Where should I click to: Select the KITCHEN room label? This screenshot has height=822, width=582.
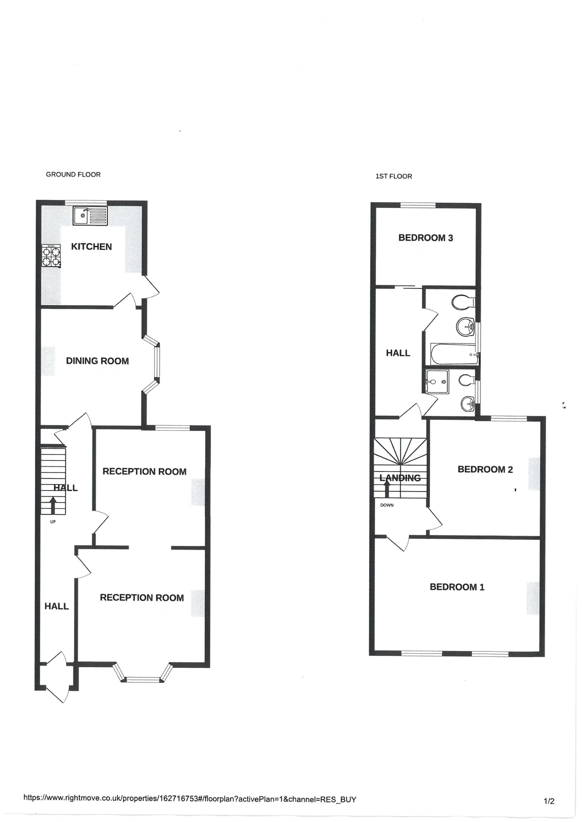91,247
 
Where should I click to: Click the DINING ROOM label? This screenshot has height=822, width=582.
97,361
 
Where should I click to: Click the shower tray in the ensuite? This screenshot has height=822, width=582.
436,382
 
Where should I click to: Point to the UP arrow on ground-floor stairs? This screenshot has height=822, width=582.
53,506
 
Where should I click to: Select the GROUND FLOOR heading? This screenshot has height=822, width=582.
73,174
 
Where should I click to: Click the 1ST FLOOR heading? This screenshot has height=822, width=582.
394,176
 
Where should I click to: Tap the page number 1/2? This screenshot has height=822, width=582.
549,801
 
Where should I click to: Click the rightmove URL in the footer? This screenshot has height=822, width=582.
190,799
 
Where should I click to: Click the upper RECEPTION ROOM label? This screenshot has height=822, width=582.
144,472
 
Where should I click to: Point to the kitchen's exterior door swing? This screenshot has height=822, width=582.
151,287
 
